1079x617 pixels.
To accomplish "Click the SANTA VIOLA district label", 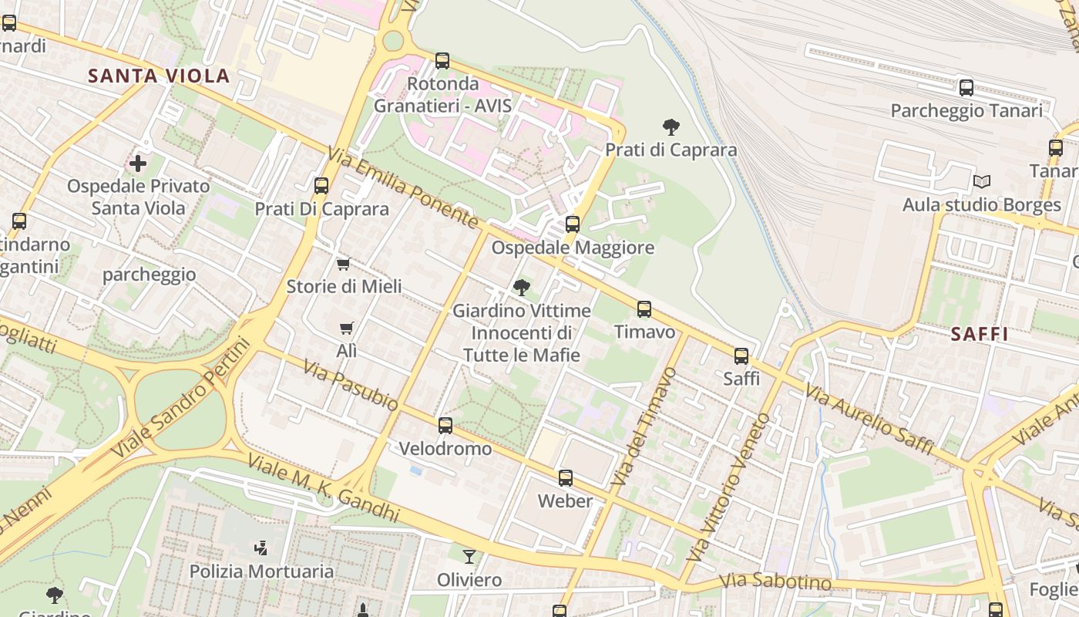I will pos(159,76).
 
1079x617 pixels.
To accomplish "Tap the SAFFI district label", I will pos(980,334).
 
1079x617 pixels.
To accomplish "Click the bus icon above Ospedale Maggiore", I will pos(572,224).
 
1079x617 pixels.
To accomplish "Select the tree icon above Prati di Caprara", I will pos(671,126).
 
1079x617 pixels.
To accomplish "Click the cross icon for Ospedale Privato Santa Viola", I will pos(138,164).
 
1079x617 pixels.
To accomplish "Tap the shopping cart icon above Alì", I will pos(347,328).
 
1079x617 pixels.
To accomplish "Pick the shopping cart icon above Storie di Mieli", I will pos(344,264).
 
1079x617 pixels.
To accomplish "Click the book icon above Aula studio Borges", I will pos(981,182).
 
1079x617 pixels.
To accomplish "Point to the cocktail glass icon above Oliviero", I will pos(469,556).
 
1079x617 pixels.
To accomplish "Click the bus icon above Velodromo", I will pos(445,426).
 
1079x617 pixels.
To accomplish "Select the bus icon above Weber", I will pos(566,478).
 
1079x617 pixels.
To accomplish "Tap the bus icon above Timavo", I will pos(644,309).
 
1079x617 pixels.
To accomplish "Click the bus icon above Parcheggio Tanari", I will pos(966,88).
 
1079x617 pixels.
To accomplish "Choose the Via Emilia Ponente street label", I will pos(403,187).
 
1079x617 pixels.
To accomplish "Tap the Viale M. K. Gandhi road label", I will pos(323,487).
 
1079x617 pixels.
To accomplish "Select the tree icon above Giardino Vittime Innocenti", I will pos(521,288).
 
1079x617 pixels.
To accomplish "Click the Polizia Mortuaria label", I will pos(261,571).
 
